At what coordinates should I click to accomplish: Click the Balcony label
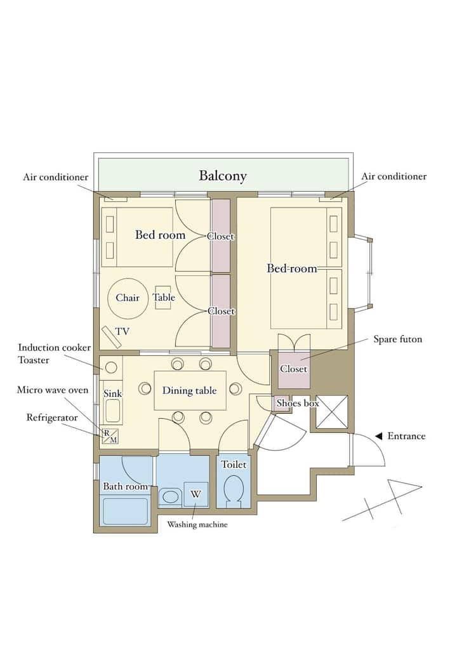point(223,176)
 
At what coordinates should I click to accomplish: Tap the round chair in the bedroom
point(127,298)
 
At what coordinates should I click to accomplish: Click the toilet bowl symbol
point(233,489)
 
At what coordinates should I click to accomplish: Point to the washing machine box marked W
point(195,494)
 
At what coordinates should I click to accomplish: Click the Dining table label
point(190,390)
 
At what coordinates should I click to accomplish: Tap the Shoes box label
point(298,403)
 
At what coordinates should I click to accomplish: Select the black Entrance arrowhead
point(379,436)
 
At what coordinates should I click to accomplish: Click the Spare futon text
point(398,339)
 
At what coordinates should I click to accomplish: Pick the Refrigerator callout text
point(52,418)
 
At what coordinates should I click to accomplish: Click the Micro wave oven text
point(52,390)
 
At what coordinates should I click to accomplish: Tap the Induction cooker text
point(55,347)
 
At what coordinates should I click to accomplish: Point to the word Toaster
point(34,360)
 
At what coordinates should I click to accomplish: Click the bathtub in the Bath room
point(125,511)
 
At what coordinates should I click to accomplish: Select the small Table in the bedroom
point(163,298)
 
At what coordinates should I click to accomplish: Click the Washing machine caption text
point(197,524)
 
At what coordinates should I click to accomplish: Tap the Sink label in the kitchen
point(112,393)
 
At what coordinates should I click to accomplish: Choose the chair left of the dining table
point(145,388)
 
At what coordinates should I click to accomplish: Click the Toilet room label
point(234,465)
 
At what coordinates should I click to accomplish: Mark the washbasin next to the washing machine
point(170,496)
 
